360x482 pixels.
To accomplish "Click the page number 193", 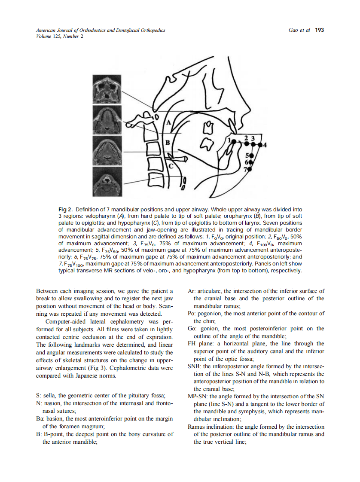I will click(319, 30).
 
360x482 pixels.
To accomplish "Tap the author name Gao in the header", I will click(296, 30).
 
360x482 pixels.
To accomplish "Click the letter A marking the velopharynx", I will click(168, 122).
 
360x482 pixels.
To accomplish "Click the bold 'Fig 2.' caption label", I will click(65, 209).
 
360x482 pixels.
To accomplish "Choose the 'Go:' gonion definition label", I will click(192, 328).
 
